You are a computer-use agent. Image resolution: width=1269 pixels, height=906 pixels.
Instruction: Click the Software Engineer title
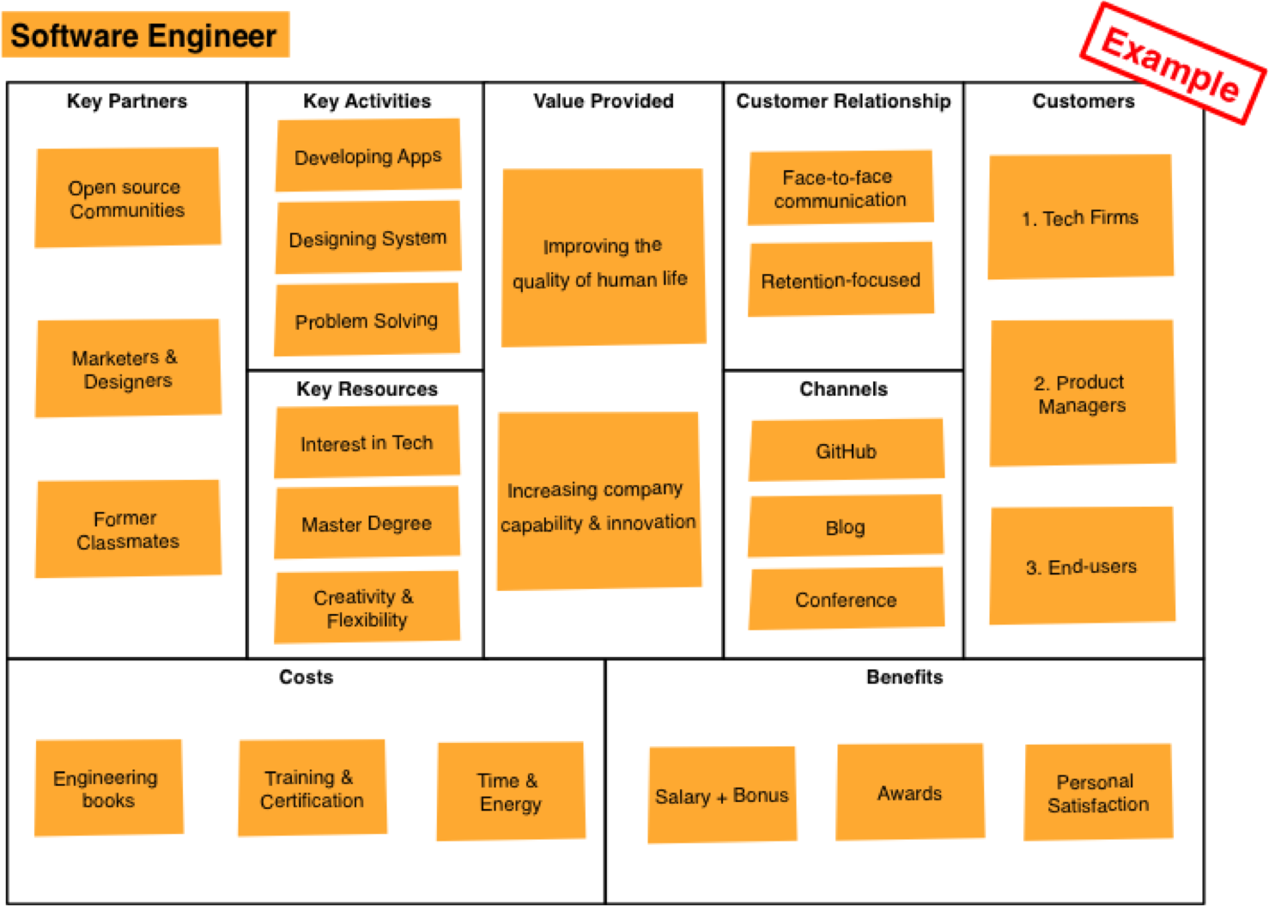coord(144,35)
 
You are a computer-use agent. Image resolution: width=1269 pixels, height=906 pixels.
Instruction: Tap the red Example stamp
coord(1171,64)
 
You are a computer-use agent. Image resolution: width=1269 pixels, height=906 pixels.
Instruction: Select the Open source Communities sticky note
coord(127,198)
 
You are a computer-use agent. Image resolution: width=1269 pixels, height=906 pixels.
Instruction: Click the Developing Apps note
coord(367,156)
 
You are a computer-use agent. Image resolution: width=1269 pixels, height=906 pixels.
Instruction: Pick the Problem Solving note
coord(367,320)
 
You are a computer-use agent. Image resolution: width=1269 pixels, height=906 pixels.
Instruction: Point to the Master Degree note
coord(367,523)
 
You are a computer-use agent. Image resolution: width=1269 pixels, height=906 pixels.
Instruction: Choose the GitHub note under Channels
coord(846,451)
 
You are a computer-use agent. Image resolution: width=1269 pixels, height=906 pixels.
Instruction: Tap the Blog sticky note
coord(846,526)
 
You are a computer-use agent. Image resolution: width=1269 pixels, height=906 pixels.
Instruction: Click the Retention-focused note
coord(841,280)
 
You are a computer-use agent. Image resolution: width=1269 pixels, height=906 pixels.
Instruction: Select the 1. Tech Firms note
coord(1080,217)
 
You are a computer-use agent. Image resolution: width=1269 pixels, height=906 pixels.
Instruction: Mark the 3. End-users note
coord(1082,566)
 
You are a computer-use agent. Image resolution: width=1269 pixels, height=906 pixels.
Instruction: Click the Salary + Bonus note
coord(721,795)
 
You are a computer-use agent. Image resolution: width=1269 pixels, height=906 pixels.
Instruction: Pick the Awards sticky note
coord(909,793)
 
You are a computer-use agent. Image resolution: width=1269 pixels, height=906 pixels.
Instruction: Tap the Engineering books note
coord(107,788)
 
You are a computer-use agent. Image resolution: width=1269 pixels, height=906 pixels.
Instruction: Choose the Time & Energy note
coord(510,792)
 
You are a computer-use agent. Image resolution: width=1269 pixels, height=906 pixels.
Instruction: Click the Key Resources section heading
coord(367,389)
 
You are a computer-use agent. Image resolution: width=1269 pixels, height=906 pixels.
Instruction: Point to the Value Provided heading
coord(603,101)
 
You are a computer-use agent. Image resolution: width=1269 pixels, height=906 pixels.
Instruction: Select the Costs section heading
coord(306,677)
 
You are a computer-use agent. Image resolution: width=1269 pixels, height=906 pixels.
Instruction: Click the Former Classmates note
coord(127,529)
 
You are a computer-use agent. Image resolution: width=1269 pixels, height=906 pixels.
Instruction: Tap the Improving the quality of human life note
coord(603,259)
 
